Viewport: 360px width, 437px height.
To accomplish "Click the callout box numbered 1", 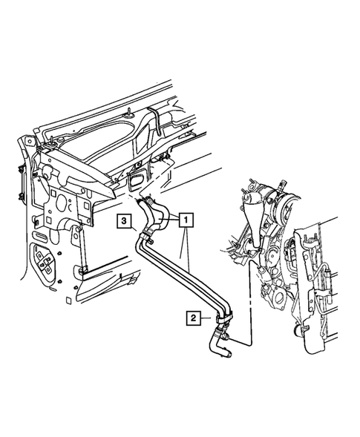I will [186, 220].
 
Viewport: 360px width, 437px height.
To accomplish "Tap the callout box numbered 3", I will [124, 220].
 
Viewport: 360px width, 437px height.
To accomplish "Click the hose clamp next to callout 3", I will [148, 238].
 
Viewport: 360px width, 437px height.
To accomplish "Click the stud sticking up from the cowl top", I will [129, 112].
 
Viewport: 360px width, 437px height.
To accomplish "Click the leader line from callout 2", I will [208, 318].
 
